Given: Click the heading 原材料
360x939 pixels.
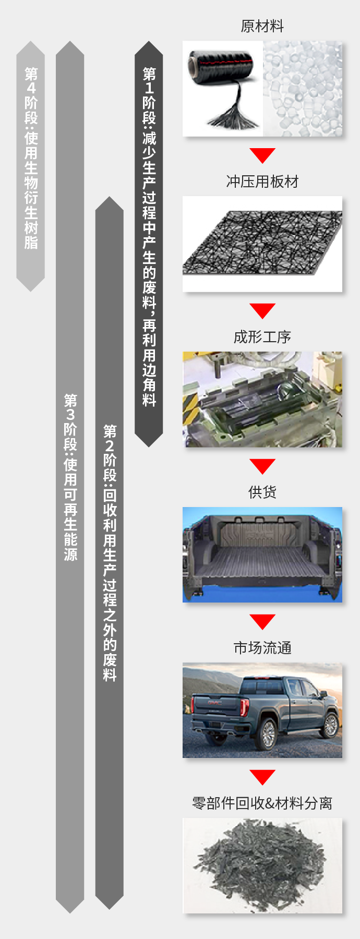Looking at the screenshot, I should [x=262, y=26].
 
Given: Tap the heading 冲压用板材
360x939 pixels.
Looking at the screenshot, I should [x=262, y=182].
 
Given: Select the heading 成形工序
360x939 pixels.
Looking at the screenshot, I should [x=262, y=337].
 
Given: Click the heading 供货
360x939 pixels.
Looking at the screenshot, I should [x=262, y=492].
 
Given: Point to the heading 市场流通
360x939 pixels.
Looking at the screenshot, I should [x=262, y=648].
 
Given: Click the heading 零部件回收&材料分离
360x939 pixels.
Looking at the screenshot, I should [x=262, y=803].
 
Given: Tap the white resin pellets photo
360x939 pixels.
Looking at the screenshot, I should [x=303, y=89].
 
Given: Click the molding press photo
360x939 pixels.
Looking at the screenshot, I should [x=262, y=399].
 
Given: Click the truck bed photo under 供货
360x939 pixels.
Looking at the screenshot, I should [x=262, y=555].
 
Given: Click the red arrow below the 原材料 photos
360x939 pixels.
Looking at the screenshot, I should [x=262, y=155].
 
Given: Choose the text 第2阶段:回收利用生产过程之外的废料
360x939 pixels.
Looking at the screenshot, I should [x=110, y=553].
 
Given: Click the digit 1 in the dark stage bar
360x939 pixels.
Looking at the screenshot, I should [x=149, y=88].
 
